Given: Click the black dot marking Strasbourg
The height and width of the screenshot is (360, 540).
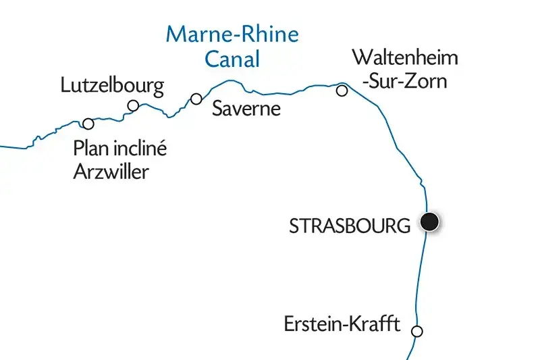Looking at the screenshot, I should point(429,222).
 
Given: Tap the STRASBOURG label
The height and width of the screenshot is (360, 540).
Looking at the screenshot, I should point(349,226).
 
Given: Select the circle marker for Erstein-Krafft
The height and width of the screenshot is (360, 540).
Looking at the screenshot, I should point(417,331).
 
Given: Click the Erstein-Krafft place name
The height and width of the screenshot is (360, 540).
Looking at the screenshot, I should point(342,326).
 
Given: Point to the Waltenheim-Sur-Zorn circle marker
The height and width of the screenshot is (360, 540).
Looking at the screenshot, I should point(342,91).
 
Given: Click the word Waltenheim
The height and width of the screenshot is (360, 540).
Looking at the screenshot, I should point(405,58).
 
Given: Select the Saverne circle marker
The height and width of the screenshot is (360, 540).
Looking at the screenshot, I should point(196,99).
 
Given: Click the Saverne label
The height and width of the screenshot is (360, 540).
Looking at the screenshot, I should point(246,109).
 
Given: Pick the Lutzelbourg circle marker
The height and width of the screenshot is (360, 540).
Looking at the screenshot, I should point(134,105).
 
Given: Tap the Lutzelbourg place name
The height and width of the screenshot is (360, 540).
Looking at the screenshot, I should point(112,86).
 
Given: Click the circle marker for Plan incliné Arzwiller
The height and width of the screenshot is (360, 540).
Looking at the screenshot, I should point(88,124).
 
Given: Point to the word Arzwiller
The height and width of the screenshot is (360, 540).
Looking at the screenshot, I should point(110,172).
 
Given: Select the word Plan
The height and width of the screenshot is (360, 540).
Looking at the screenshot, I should point(89,149).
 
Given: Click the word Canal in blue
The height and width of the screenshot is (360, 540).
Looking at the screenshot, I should point(232,59).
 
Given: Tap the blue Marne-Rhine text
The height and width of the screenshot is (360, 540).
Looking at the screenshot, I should point(232,34).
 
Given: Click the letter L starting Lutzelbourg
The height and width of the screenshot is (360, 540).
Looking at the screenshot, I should point(65,86).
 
